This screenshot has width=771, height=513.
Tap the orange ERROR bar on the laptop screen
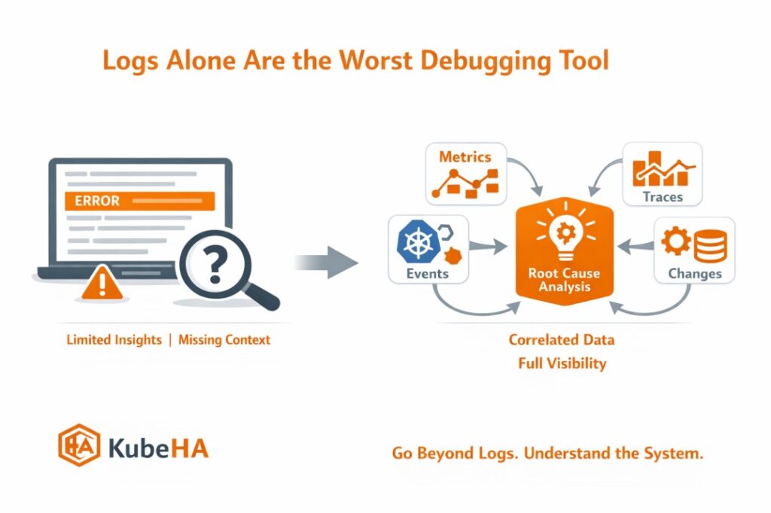click(139, 201)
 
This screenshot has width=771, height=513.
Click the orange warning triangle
click(102, 283)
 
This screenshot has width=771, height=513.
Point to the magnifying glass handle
click(261, 296)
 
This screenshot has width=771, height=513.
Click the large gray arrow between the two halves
click(327, 263)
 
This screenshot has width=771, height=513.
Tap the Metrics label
click(465, 156)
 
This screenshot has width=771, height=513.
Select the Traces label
click(663, 196)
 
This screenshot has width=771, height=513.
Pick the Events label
click(428, 273)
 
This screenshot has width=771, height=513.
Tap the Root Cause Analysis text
click(564, 280)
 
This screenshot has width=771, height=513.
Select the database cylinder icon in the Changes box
click(711, 246)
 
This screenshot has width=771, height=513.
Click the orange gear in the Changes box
click(676, 240)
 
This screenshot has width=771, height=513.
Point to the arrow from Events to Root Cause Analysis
click(488, 246)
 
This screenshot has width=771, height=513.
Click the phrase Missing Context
click(224, 339)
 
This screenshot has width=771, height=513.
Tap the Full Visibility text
click(562, 363)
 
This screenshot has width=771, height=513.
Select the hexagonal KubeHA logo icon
click(79, 445)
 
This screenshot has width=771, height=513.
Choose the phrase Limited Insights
click(114, 339)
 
